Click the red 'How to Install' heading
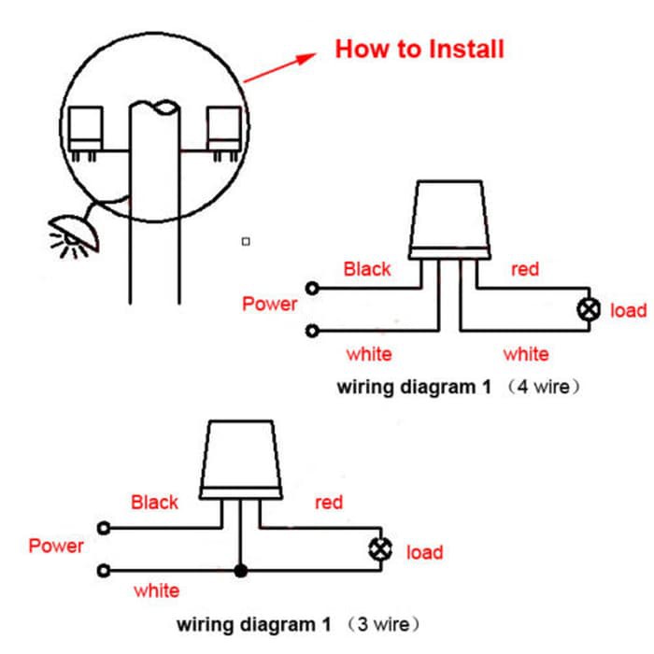(x=419, y=50)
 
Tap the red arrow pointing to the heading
(x=279, y=67)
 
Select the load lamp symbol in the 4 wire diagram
(x=589, y=310)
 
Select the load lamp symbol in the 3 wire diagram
(x=380, y=549)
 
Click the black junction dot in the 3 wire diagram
(x=241, y=571)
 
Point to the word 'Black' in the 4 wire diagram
(x=367, y=269)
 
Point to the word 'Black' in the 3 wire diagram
(x=154, y=503)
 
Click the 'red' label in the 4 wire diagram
(x=525, y=269)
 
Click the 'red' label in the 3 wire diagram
(x=329, y=503)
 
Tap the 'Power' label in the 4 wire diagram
(x=269, y=304)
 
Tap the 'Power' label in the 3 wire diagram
(x=56, y=546)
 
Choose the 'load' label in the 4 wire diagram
(x=629, y=311)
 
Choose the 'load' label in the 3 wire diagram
(x=424, y=553)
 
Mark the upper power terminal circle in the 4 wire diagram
(x=312, y=288)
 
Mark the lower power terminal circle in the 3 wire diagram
(x=104, y=570)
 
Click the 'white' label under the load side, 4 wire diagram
(x=526, y=354)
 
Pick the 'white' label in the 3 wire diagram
(x=157, y=591)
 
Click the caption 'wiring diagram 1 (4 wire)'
(x=458, y=387)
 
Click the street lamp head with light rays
(x=74, y=235)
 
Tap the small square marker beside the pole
(x=246, y=241)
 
